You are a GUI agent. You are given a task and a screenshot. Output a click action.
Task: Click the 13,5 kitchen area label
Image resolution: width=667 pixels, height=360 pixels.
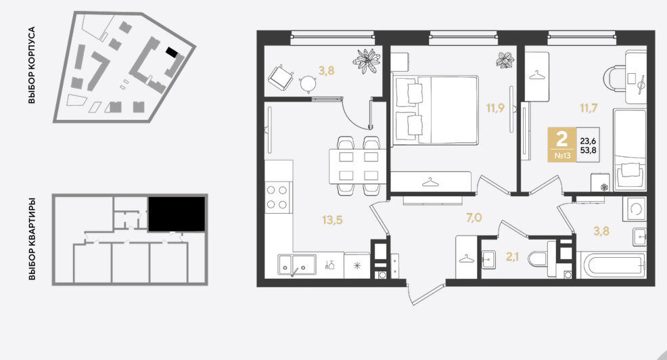click(x=332, y=220)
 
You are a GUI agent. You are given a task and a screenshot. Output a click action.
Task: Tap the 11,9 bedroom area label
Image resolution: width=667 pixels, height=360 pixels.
click(x=495, y=108)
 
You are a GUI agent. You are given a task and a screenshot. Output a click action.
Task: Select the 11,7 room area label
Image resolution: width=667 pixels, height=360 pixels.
click(x=589, y=108)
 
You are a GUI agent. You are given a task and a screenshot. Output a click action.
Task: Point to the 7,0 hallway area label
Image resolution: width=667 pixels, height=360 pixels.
click(x=474, y=218)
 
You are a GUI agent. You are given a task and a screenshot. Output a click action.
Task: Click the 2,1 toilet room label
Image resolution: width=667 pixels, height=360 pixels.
click(x=511, y=256)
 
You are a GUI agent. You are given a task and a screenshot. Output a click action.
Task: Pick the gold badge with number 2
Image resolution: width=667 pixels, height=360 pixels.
click(x=562, y=145)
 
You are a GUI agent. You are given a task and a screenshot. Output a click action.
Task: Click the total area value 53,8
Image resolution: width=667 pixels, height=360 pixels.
click(x=589, y=150)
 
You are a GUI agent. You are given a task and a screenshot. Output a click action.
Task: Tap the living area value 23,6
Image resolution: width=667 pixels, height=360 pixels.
click(x=589, y=141)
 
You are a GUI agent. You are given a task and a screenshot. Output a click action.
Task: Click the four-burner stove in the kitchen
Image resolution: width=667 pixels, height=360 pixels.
click(x=277, y=197)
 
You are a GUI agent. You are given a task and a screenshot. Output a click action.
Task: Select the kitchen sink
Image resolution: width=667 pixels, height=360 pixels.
click(x=297, y=265)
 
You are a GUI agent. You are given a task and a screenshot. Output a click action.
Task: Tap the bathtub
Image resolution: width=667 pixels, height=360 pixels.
click(x=612, y=265)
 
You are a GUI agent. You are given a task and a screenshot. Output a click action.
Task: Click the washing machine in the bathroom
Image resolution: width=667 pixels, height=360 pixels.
click(x=635, y=209)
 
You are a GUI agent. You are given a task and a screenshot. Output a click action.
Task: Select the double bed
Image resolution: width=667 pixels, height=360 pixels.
click(x=435, y=110)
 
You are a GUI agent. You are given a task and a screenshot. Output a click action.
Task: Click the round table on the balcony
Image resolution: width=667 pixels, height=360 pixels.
click(x=308, y=83)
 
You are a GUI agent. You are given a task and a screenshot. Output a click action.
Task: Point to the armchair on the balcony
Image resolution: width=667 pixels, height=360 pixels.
click(x=281, y=77)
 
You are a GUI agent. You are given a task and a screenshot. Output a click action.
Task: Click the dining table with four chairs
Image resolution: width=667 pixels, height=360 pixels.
click(x=358, y=166)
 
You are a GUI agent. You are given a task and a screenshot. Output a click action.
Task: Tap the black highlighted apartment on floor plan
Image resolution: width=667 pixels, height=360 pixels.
click(x=177, y=214)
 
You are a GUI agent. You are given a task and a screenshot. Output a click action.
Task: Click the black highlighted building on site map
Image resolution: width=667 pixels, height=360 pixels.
click(x=171, y=52)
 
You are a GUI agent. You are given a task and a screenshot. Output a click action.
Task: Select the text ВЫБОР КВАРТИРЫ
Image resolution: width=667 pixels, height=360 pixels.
click(x=32, y=239)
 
